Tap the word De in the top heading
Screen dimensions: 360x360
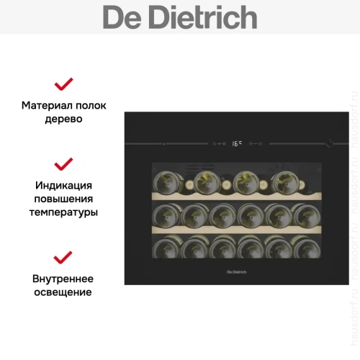pos(122,17)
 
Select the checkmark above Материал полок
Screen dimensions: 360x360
pos(64,84)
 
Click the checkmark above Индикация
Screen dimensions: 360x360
pos(64,163)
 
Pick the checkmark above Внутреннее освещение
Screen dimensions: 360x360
pos(64,258)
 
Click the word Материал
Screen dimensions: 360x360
pos(47,105)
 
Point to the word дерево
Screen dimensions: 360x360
pos(63,120)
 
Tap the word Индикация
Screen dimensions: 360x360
pos(63,184)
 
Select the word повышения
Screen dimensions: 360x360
pos(63,199)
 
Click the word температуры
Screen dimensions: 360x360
pos(63,213)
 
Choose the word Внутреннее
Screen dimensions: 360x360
pos(63,279)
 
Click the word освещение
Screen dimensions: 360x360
pos(63,293)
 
